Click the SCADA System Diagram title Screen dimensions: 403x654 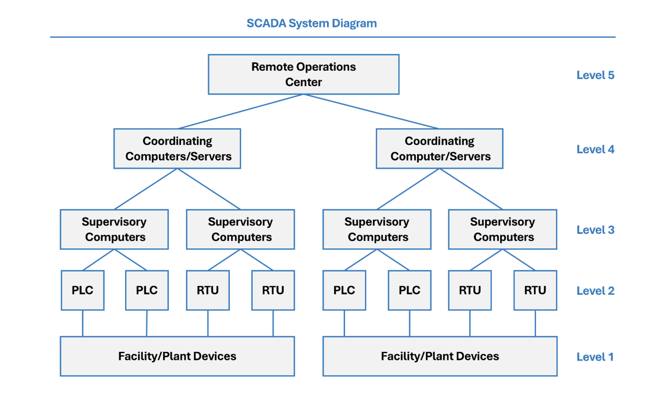[312, 23]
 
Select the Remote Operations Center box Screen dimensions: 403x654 [304, 74]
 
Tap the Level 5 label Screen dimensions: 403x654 [595, 75]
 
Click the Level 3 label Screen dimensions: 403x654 [595, 230]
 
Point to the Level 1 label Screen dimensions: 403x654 [595, 357]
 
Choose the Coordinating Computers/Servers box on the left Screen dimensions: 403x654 [177, 149]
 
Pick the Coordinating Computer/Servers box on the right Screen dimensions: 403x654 [440, 149]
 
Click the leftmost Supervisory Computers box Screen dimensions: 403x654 [114, 229]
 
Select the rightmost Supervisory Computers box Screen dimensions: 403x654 [503, 229]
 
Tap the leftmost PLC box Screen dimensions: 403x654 [83, 290]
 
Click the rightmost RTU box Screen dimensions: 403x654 [535, 290]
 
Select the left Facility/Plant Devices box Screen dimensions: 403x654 [177, 356]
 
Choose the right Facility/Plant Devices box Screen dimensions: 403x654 [440, 356]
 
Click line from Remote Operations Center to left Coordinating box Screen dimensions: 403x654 [241, 112]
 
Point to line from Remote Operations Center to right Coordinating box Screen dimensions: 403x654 [371, 112]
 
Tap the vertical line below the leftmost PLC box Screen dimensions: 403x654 [83, 323]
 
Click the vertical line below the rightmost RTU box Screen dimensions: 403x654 [535, 323]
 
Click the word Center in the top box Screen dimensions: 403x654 [304, 82]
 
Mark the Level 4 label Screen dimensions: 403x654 [595, 149]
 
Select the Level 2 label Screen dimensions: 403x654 [595, 291]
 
